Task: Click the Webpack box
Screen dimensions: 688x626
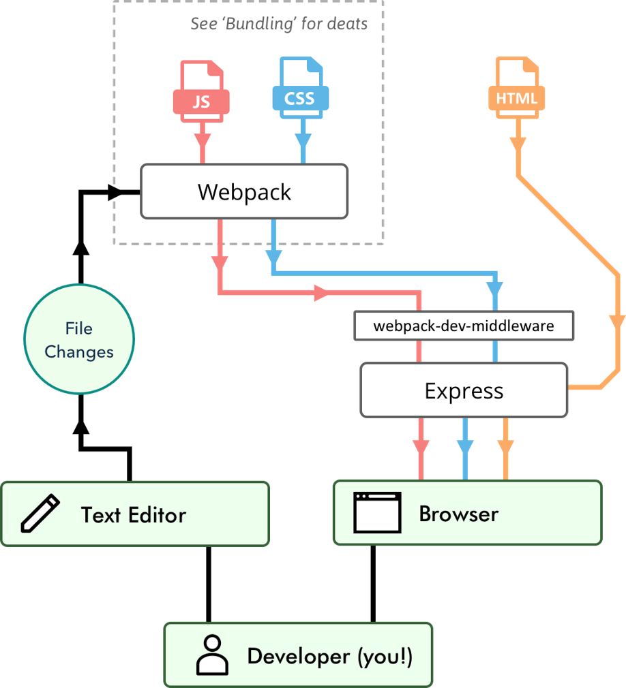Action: coord(244,191)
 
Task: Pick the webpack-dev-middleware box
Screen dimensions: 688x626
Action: coord(464,326)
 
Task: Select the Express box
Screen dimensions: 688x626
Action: coord(464,390)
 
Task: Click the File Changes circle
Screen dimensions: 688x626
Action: coord(79,339)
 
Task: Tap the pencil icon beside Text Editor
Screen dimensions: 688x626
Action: coord(40,514)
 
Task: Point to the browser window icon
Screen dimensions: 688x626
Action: coord(377,513)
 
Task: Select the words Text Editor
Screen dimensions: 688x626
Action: coord(134,514)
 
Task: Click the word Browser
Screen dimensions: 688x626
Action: coord(458,514)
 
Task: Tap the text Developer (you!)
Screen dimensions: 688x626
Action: coord(329,656)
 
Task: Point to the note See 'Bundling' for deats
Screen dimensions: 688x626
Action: coord(279,24)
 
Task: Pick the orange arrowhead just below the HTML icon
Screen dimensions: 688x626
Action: coord(518,144)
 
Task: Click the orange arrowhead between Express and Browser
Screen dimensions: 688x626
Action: coord(505,446)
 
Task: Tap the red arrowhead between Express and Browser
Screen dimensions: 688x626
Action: coord(421,447)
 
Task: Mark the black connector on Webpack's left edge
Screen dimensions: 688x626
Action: coord(126,193)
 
